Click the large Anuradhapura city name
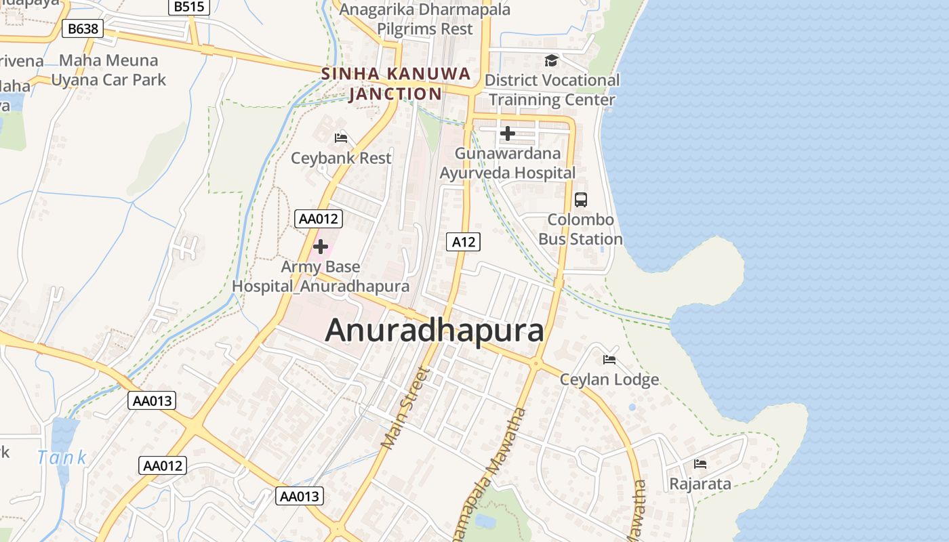coord(435,331)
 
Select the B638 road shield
coord(83,28)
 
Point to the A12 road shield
coord(464,242)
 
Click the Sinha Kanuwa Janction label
coord(396,83)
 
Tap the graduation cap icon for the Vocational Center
coord(551,61)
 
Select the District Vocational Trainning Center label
coord(552,90)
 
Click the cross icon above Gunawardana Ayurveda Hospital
coord(507,133)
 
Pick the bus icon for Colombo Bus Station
coord(581,200)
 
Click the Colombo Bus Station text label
coord(580,230)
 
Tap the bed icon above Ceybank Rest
coord(341,138)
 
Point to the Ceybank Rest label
coord(341,158)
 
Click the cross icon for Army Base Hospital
coord(321,247)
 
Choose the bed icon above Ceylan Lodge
coord(609,359)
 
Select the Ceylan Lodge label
coord(609,379)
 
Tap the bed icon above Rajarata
coord(700,464)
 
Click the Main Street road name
coord(405,408)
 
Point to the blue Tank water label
coord(62,457)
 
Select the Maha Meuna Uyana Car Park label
coord(108,70)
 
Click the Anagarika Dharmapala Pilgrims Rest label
coord(425,19)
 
